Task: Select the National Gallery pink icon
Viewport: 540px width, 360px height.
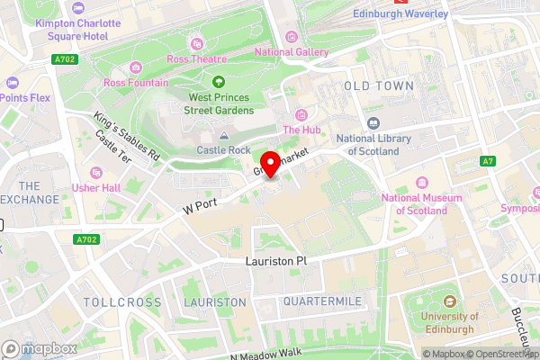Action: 292,37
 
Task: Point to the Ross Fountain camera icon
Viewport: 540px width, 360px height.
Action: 135,67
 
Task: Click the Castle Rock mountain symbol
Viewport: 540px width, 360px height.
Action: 224,135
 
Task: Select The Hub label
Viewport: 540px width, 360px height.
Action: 301,129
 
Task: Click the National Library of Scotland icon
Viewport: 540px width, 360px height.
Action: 373,123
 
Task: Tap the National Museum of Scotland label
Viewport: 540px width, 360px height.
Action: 414,204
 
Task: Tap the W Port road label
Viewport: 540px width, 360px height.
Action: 201,205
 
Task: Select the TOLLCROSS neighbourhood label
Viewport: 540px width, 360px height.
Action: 116,301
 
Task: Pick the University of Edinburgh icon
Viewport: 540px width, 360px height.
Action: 448,301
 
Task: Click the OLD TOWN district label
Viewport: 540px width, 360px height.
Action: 379,85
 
